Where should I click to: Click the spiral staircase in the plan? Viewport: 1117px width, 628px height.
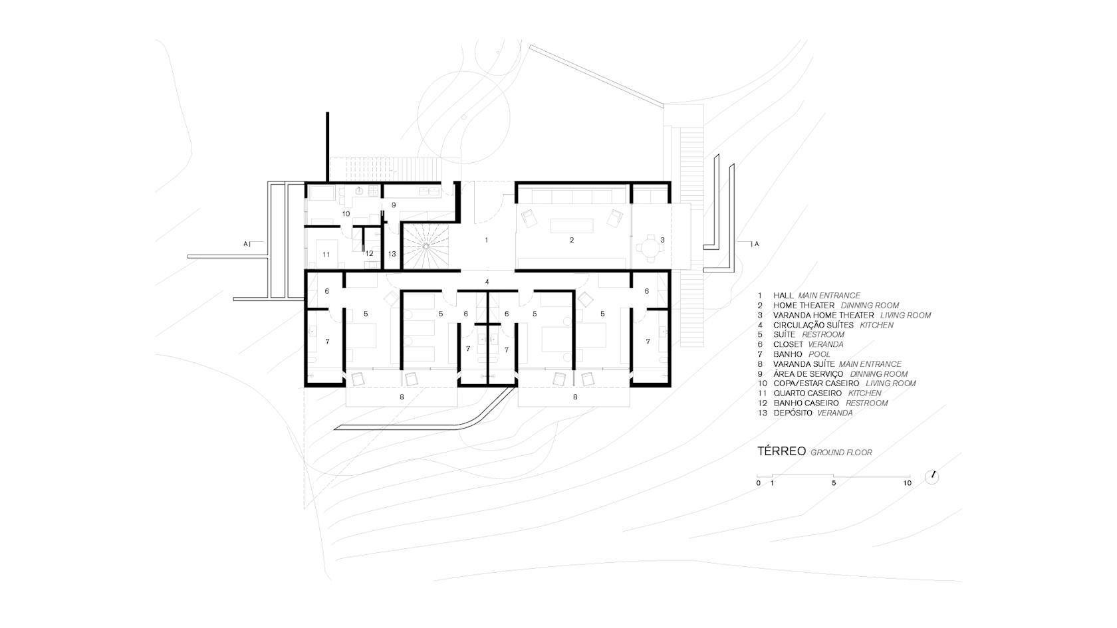pos(426,246)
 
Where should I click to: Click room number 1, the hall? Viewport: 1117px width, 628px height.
pos(487,241)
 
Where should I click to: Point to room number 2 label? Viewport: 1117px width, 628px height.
pos(572,241)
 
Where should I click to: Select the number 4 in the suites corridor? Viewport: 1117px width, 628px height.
pos(487,282)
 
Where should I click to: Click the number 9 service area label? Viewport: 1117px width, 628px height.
pos(394,205)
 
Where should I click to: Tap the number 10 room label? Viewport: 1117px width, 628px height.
pos(346,214)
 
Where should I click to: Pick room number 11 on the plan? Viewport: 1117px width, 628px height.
pos(326,255)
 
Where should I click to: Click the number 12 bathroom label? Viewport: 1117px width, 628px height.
pos(370,254)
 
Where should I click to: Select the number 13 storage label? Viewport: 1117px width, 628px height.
pos(392,254)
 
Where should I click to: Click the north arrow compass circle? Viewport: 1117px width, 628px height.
pos(931,477)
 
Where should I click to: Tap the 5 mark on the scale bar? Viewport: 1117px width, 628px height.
pos(834,483)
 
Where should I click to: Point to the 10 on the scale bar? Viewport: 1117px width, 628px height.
pos(907,483)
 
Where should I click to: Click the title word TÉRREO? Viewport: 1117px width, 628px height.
pos(781,451)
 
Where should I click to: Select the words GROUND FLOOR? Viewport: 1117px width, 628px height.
pos(841,453)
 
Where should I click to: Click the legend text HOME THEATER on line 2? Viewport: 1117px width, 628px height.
pos(804,306)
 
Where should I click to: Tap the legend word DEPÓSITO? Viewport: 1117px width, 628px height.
pos(793,413)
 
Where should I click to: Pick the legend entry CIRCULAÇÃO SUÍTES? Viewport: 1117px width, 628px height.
pos(813,326)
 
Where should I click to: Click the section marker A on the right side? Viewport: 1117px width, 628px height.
pos(757,245)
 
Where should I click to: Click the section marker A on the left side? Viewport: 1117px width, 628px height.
pos(245,245)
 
